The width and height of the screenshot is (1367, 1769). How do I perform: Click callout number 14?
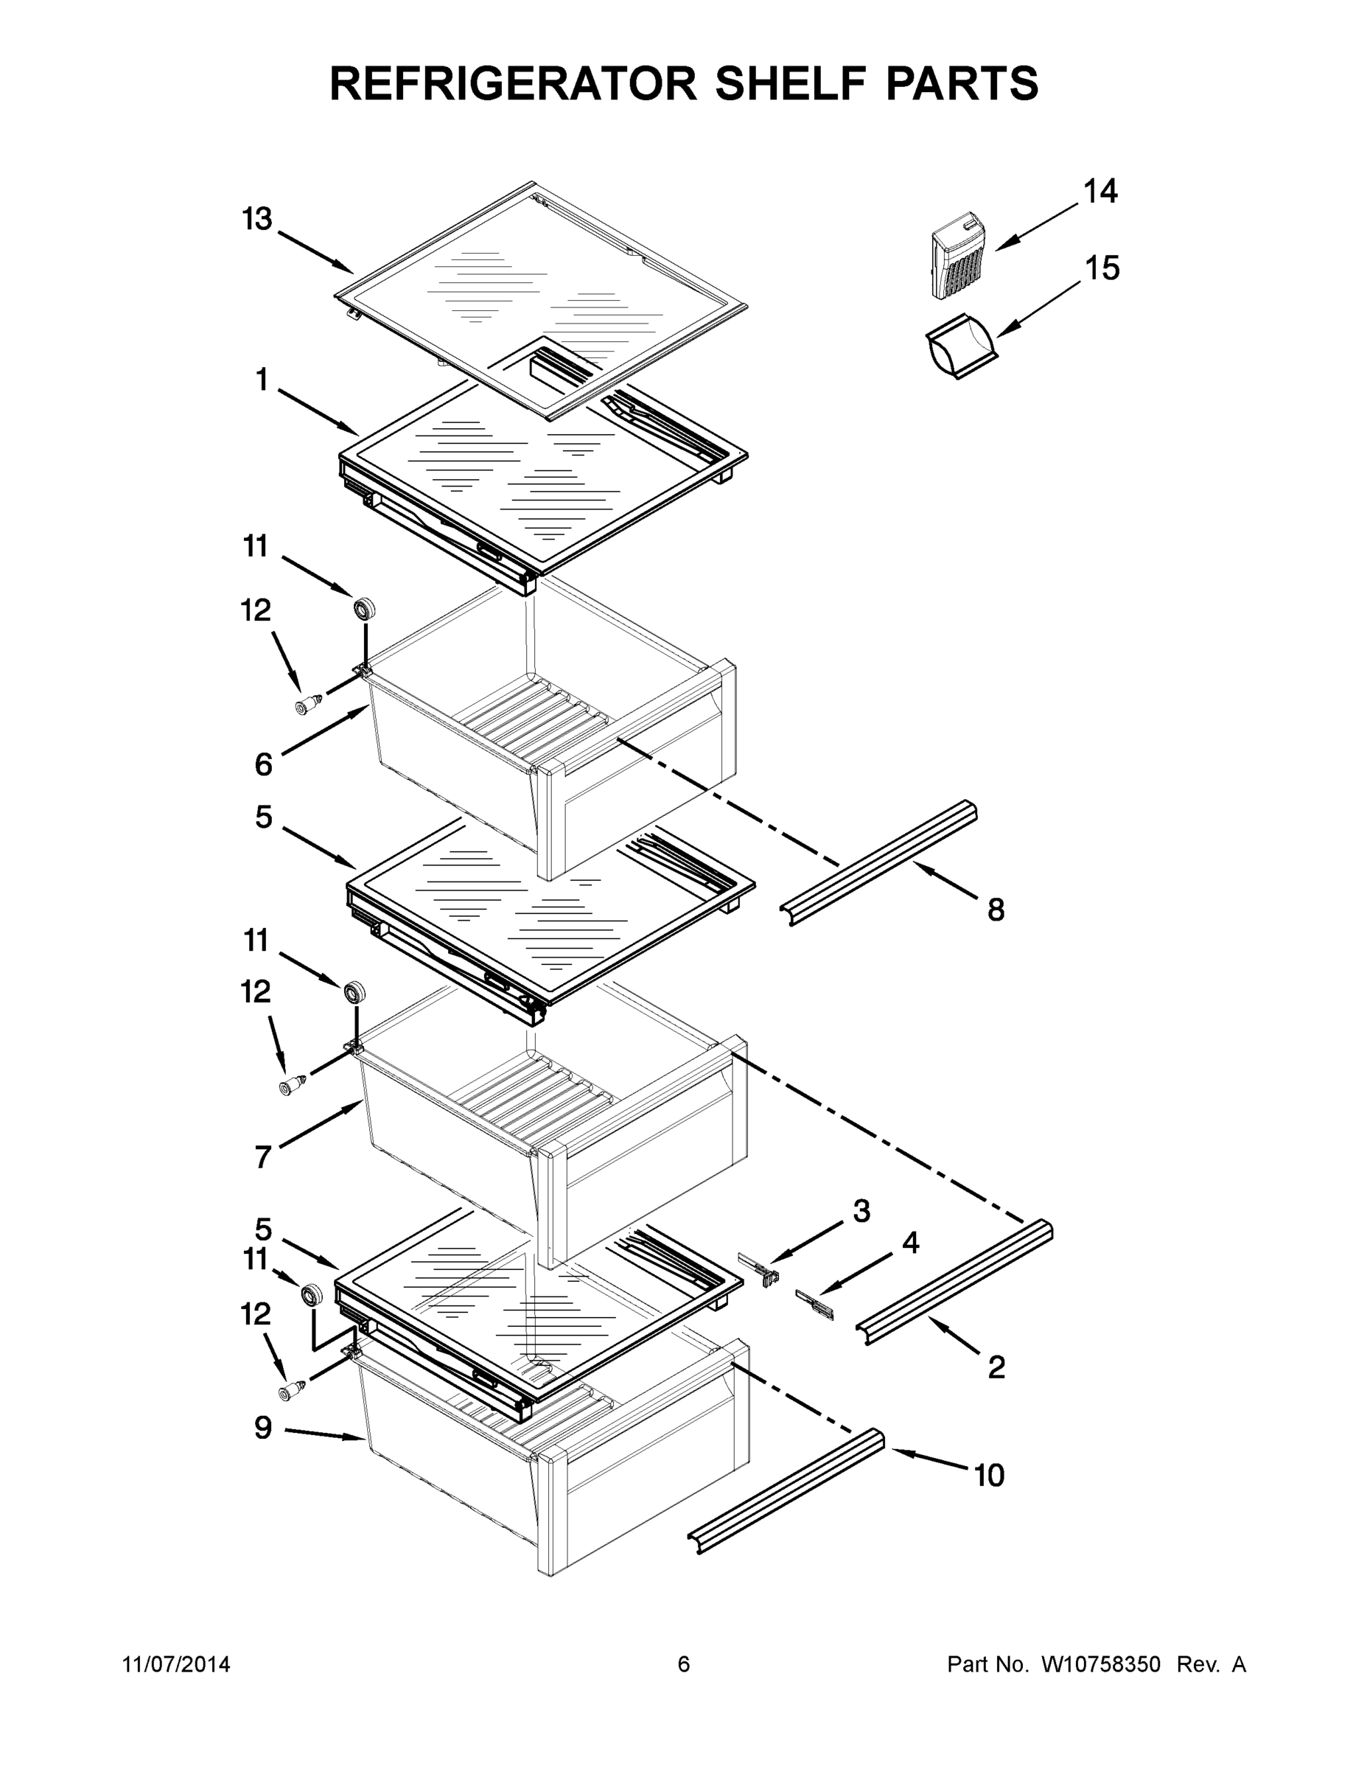tap(1100, 192)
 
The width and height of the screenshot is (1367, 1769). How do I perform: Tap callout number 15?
tap(1102, 268)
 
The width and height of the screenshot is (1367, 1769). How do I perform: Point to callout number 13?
tap(257, 220)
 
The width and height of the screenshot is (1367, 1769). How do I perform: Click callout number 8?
tap(996, 910)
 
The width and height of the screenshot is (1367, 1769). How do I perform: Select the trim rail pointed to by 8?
tap(883, 862)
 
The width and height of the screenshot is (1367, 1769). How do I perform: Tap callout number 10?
tap(989, 1475)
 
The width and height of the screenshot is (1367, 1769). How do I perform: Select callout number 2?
tap(997, 1367)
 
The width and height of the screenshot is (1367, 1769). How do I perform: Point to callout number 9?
tap(263, 1428)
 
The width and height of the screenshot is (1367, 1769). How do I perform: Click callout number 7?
tap(262, 1157)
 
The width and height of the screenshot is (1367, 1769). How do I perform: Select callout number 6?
tap(264, 764)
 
